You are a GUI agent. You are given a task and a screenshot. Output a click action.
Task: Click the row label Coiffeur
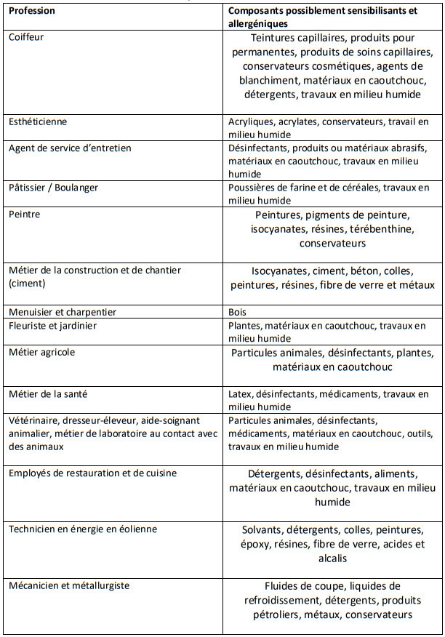(x=26, y=36)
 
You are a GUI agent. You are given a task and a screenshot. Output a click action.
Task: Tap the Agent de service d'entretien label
(x=70, y=148)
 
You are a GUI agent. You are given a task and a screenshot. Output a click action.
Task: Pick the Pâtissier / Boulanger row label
(x=53, y=188)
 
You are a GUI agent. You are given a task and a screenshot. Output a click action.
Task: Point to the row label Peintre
(x=25, y=215)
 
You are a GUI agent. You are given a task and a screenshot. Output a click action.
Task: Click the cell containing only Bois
(x=238, y=312)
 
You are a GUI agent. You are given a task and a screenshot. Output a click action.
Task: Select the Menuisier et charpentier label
(x=63, y=312)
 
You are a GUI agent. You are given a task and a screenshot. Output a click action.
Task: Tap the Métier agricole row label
(x=41, y=352)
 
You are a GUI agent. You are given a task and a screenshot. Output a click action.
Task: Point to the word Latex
(x=240, y=393)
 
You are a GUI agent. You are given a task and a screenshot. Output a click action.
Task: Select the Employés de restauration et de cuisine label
(x=92, y=473)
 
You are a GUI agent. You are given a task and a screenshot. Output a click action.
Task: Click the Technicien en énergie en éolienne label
(x=82, y=529)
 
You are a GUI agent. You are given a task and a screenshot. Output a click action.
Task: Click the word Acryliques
(x=251, y=121)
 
